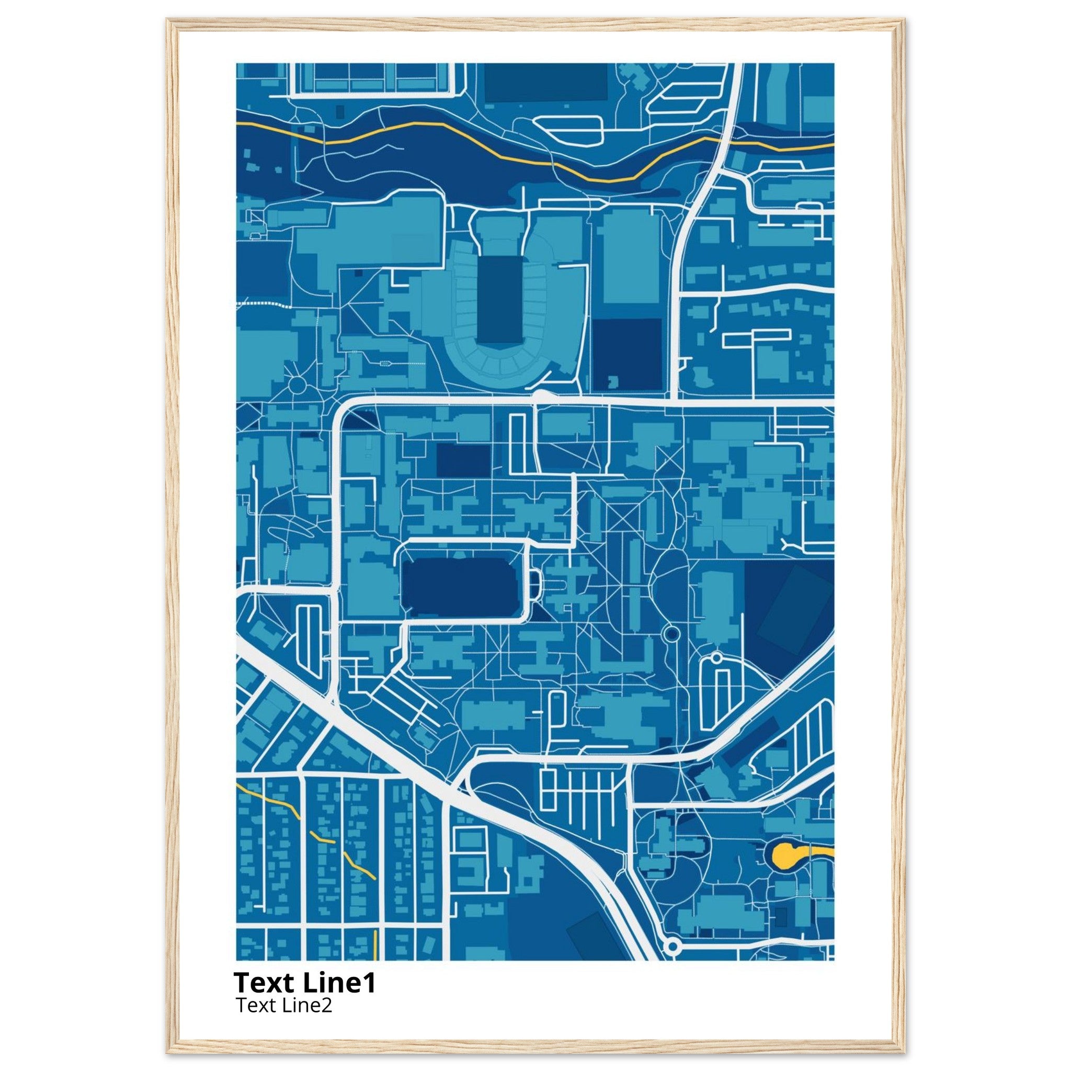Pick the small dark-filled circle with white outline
pos(671,633)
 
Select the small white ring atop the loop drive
pos(716,657)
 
